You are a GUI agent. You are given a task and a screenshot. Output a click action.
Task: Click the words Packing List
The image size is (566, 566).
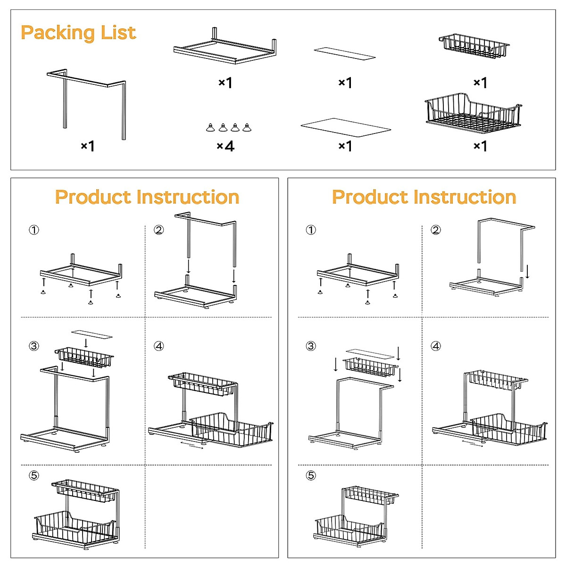click(x=78, y=33)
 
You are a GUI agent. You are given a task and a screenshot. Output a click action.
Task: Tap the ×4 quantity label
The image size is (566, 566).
click(x=225, y=146)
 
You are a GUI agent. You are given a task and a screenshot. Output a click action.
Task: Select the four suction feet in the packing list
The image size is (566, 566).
click(x=229, y=127)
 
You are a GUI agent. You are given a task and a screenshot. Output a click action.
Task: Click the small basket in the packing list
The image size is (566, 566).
click(x=474, y=46)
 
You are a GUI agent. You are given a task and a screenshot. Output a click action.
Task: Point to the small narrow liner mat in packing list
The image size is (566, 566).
click(x=344, y=53)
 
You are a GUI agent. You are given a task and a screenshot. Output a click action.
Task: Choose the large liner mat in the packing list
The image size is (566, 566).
click(x=346, y=127)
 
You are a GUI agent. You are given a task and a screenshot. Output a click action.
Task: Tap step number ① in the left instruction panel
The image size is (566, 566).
click(x=34, y=230)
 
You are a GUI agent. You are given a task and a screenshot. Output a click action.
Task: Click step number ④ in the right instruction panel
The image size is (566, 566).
click(x=436, y=346)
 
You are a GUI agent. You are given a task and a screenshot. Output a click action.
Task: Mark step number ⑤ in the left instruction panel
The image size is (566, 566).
click(x=34, y=475)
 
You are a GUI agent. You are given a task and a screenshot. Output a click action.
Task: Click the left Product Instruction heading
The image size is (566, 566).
click(x=147, y=197)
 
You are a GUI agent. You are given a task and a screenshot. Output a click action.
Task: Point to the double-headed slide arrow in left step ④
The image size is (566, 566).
click(x=192, y=445)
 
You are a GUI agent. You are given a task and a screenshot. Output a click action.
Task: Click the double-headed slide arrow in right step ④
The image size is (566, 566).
click(x=472, y=443)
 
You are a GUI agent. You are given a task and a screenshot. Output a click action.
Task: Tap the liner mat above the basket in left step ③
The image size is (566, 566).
click(x=92, y=334)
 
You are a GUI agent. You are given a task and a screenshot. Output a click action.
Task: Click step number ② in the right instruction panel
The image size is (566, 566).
click(x=436, y=230)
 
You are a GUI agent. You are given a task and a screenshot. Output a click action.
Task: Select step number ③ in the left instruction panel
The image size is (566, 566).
click(x=34, y=346)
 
